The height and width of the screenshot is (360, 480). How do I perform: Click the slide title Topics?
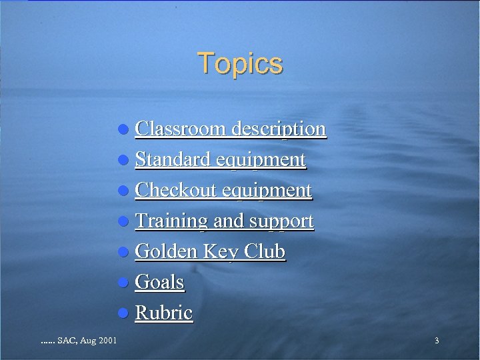coord(240,63)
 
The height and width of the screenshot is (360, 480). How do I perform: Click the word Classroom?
coord(181,128)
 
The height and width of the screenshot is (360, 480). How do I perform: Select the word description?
coord(279,128)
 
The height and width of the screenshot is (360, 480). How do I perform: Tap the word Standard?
coord(171,159)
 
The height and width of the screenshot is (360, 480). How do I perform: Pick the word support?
coord(282,221)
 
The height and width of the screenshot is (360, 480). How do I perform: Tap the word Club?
coord(265,251)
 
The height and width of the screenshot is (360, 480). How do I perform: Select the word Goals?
coord(159,282)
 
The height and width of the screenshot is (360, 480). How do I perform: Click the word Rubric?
coord(164,313)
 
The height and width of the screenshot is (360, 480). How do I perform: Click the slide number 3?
coord(437,341)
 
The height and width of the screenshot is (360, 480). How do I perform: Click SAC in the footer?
coord(67,341)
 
